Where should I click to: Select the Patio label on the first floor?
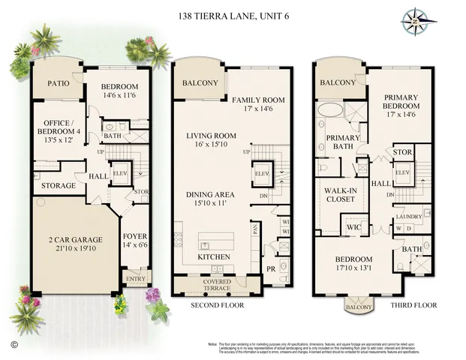point(53,83)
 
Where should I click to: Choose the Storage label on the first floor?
point(58,185)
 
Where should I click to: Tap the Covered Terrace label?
point(218,284)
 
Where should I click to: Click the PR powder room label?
point(270,268)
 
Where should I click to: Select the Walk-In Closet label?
point(341,195)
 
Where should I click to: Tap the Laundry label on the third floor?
point(408,217)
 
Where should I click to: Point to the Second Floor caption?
point(216,306)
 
